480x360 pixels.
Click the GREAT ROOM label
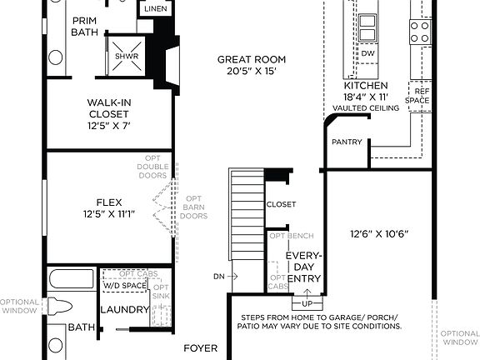point(251,60)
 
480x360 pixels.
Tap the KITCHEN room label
point(366,86)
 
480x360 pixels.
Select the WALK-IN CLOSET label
point(107,108)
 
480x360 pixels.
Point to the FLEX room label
point(109,201)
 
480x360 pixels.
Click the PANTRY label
point(347,142)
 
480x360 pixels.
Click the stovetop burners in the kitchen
point(419,32)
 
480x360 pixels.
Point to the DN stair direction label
point(218,276)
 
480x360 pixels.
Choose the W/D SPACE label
point(124,286)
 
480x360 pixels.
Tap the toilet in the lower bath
point(57,307)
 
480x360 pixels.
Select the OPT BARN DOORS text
point(193,207)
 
